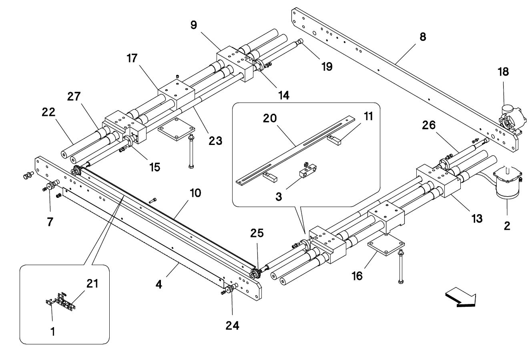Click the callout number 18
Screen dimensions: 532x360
(x=503, y=72)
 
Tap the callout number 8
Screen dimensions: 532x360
(x=423, y=37)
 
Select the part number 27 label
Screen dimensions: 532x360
(x=74, y=97)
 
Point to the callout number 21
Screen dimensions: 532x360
(x=92, y=284)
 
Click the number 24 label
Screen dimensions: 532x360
(x=232, y=326)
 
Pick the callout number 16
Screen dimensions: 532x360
(x=357, y=276)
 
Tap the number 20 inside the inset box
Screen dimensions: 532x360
(x=270, y=118)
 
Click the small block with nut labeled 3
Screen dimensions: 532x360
(x=307, y=170)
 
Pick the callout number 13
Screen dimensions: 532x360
(x=477, y=219)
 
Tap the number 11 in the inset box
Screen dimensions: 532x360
(x=368, y=117)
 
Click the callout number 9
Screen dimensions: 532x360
(x=194, y=25)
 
